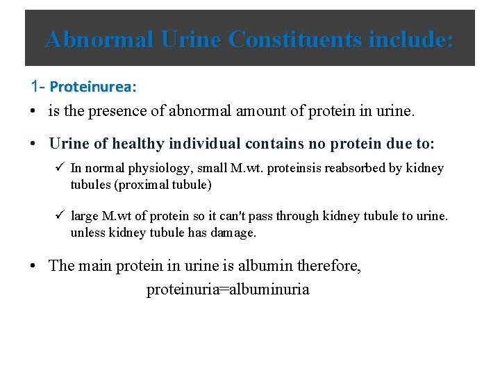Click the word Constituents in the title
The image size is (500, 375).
click(295, 40)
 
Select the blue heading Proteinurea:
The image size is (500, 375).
click(93, 87)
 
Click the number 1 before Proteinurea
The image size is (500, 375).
click(35, 87)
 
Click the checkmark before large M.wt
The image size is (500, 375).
click(60, 216)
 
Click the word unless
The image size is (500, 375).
click(85, 233)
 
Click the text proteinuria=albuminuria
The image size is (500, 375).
click(228, 290)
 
